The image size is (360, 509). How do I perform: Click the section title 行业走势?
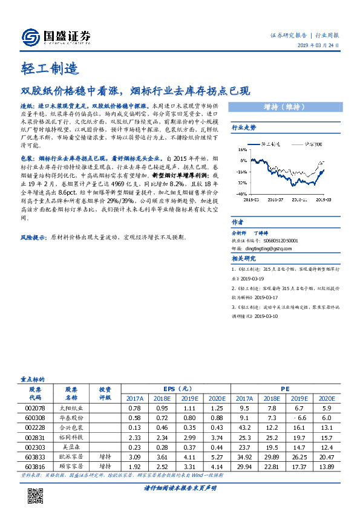[244, 128]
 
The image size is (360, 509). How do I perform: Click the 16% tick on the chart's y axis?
[241, 152]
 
